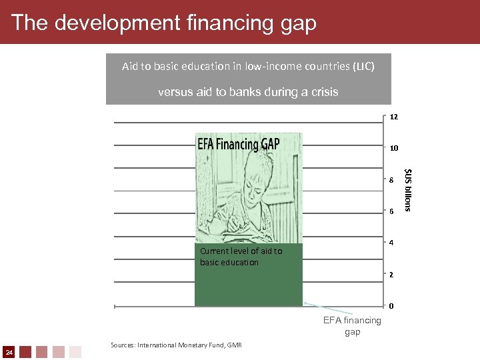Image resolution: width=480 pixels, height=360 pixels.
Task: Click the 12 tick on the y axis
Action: (x=393, y=117)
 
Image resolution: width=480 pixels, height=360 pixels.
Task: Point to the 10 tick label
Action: (x=393, y=148)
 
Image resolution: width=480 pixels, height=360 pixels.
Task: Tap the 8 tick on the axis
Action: (x=392, y=180)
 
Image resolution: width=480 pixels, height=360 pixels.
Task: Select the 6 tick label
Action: (x=392, y=211)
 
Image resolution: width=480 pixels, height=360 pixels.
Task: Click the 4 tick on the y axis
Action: (x=392, y=243)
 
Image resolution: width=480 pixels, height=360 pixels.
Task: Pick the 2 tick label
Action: (x=392, y=275)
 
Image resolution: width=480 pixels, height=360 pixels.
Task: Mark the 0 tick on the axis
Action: (x=392, y=306)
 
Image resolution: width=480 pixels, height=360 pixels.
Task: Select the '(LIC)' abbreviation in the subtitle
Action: (x=363, y=67)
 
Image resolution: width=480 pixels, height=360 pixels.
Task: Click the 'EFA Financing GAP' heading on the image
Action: (x=239, y=143)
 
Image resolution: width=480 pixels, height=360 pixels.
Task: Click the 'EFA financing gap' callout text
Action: (x=352, y=326)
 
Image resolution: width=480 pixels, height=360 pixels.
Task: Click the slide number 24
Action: (x=9, y=351)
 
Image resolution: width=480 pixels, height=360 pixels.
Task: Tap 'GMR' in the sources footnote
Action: (x=235, y=345)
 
